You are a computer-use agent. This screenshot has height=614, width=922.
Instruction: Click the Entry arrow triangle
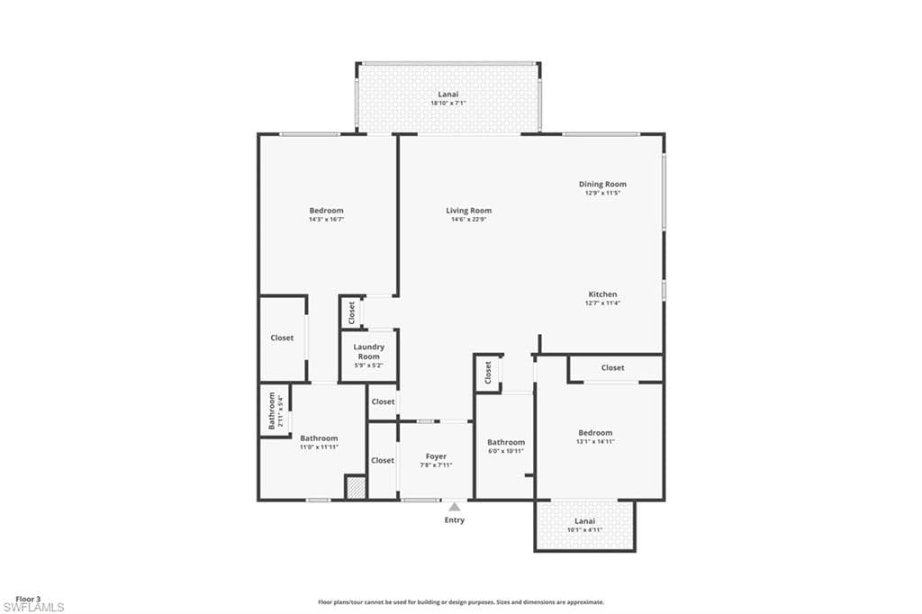coord(455,507)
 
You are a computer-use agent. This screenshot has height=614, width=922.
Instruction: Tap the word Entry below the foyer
coord(455,520)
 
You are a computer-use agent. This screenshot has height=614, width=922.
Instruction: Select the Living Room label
coord(469,211)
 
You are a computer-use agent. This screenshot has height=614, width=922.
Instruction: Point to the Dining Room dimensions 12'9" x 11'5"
coord(602,193)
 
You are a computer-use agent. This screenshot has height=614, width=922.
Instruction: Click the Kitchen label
coord(602,294)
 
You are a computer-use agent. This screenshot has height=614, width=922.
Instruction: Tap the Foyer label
coord(436,456)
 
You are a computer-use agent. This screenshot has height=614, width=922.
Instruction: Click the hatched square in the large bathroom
coord(356,487)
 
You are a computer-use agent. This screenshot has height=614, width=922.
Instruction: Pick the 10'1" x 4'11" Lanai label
coord(584,525)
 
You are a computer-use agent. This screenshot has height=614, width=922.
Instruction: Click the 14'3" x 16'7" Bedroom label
coord(326,214)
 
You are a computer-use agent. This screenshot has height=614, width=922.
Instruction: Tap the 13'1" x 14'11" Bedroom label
coord(595,437)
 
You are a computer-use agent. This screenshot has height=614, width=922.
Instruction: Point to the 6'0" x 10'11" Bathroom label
coord(505,446)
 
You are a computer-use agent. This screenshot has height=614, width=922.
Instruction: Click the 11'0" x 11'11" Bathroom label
coord(319,442)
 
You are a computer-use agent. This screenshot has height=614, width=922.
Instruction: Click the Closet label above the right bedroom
coord(612,367)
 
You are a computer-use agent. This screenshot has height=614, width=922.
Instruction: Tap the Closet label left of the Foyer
coord(383,460)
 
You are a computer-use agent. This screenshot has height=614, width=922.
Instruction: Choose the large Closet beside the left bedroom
coord(282,338)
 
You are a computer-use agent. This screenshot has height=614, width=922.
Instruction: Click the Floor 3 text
coord(29,599)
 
